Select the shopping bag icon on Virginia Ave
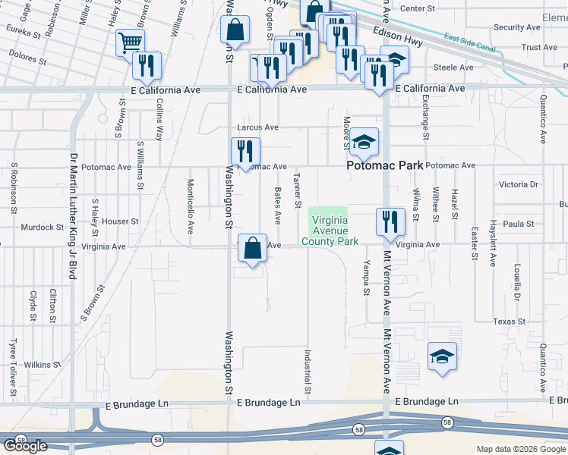pos(252,248)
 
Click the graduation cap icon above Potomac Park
pos(364,142)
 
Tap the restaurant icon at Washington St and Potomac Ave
pos(245,151)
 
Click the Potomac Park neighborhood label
pos(383,165)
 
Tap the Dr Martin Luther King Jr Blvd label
pos(74,216)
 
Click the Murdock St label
pos(42,227)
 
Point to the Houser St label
pos(121,222)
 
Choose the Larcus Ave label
pos(257,127)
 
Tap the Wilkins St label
pos(42,365)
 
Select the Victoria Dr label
pos(518,184)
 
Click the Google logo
pos(26,446)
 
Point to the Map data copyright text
pos(521,449)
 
